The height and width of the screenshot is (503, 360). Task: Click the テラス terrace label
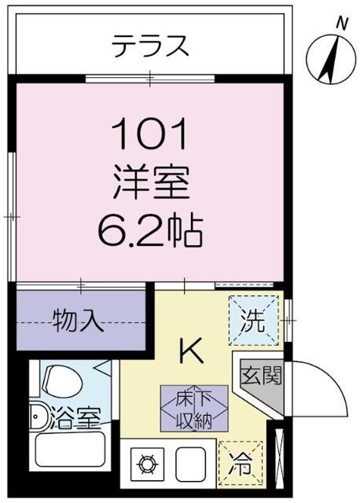[x=150, y=46]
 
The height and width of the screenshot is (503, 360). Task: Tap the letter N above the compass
[x=340, y=24]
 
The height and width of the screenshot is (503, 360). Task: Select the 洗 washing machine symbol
[x=254, y=320]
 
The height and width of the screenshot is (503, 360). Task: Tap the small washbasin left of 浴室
[x=36, y=417]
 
